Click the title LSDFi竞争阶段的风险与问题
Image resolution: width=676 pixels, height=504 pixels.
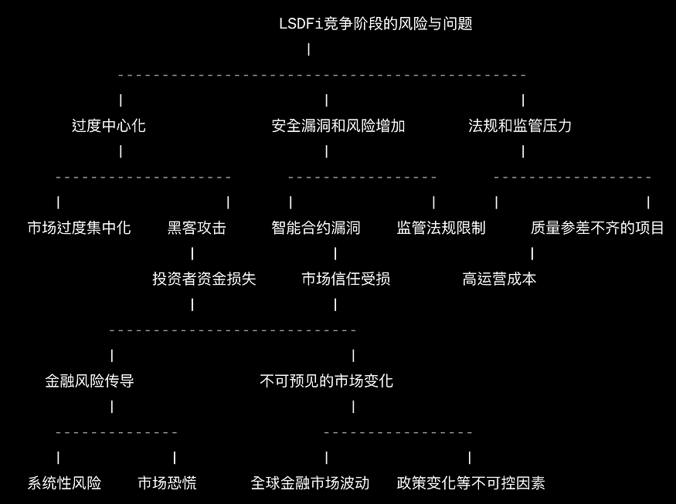pos(375,24)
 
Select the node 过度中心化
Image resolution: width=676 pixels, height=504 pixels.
pos(109,126)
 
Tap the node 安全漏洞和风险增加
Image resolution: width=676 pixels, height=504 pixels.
pos(338,126)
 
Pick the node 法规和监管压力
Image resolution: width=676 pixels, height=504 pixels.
pos(520,126)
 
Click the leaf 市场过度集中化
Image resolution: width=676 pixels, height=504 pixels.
pos(80,228)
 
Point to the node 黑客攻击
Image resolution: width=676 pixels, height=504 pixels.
pos(197,228)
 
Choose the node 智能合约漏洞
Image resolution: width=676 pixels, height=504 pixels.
pos(316,228)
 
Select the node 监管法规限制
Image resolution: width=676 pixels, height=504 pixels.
pos(441,228)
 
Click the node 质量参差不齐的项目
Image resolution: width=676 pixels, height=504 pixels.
pos(597,228)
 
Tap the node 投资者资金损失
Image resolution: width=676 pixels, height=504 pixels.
pos(204,279)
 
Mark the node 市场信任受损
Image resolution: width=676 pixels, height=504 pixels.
pos(345,279)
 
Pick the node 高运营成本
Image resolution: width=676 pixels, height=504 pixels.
pos(499,279)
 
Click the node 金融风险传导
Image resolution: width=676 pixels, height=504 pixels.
pos(90,381)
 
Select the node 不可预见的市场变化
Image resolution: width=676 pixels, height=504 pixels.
pos(327,381)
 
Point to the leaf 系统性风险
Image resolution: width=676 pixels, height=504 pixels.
pos(65,483)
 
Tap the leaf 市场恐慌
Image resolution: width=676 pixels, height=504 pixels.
pos(167,483)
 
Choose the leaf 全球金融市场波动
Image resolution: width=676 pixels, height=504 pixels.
pos(311,483)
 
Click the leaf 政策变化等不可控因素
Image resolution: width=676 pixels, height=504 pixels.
pos(471,483)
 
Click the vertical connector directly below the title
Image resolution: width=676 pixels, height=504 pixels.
pos(309,49)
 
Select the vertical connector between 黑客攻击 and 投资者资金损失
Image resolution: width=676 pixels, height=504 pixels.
pos(192,253)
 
